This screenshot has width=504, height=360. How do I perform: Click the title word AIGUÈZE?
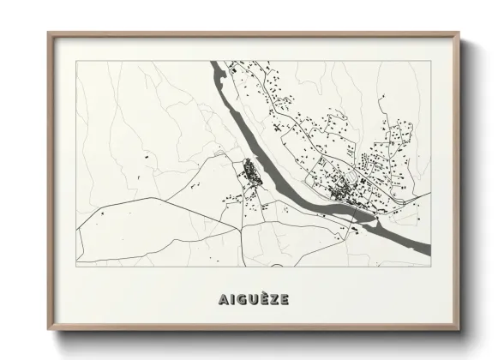tap(253, 299)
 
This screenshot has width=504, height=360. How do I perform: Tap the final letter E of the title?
tap(284, 299)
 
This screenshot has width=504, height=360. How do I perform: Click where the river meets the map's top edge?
tap(216, 62)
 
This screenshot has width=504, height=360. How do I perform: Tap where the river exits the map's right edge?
tap(429, 249)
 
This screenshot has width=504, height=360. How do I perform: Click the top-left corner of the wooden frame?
tap(48, 33)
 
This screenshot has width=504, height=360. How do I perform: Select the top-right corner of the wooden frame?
tap(459, 33)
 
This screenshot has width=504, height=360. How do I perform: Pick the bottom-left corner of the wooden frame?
tap(48, 330)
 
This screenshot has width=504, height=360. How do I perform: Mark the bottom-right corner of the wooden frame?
tap(459, 330)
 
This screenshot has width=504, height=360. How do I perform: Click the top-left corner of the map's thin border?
tap(76, 61)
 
